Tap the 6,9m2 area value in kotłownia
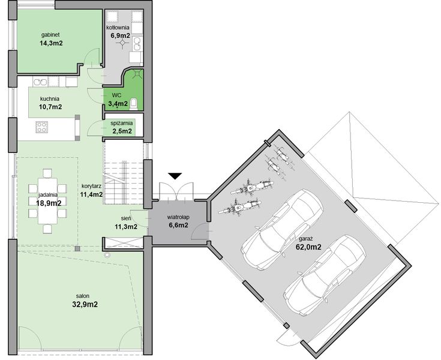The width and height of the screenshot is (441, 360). (120, 35)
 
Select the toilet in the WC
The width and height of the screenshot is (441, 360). (134, 103)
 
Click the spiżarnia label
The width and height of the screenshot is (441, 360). (121, 123)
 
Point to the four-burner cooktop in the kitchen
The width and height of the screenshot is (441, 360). (41, 127)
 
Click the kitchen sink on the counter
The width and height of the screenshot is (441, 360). (40, 82)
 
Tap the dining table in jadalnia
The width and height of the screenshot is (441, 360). (47, 201)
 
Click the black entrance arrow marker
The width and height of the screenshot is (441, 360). (175, 176)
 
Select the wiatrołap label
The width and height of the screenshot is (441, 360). (178, 217)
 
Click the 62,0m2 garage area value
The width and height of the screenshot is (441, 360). (308, 247)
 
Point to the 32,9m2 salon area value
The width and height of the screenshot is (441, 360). (85, 304)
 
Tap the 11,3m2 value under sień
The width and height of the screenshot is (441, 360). (126, 226)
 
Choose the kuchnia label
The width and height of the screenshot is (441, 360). (49, 99)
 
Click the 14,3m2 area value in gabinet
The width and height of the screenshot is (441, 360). (51, 43)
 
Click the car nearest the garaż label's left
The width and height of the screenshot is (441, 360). (283, 229)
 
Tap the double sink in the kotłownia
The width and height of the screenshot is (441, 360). (137, 44)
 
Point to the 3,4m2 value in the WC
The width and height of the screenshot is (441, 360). (118, 104)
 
